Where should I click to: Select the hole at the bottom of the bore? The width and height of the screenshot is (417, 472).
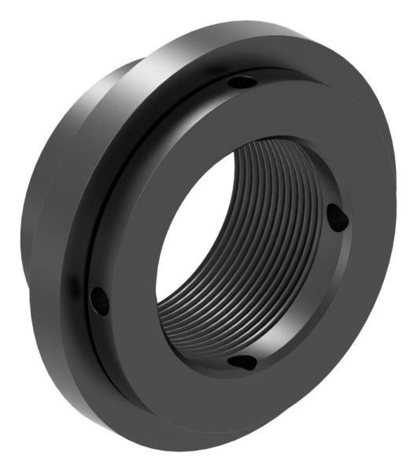pos(243,363)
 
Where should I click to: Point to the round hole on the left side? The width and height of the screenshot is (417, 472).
pos(97,297)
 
